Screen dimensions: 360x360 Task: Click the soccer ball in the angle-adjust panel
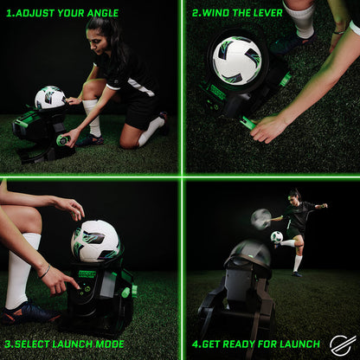point(49,98)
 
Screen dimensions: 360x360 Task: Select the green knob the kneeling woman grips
point(63,139)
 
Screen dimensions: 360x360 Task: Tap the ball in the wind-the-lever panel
point(236,59)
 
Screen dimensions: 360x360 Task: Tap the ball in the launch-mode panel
point(94,240)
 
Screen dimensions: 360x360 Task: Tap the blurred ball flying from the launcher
point(260,219)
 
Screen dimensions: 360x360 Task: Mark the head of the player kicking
point(295,194)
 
